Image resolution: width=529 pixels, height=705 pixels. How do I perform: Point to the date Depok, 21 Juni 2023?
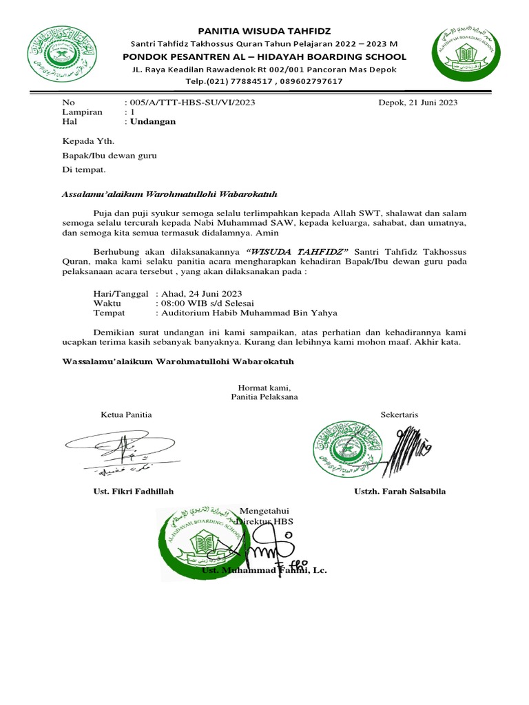418,103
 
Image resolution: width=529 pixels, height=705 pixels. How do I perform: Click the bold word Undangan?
154,121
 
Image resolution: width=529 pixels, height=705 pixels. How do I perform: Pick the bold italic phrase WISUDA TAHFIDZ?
298,252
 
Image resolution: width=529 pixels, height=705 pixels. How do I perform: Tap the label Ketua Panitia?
126,414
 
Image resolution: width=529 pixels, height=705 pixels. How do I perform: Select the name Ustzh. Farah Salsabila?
400,492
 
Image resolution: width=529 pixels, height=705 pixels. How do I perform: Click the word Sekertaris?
400,414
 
